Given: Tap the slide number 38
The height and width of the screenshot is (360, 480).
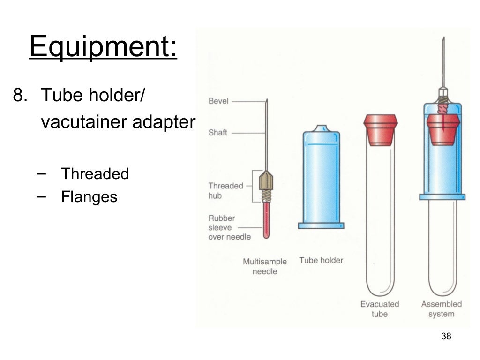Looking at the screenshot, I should [446, 336].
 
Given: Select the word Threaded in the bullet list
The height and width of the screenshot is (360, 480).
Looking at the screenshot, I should [95, 174].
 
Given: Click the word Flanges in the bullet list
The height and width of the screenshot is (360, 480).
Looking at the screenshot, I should [89, 196].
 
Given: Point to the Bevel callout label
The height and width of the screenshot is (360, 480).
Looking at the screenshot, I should [218, 101].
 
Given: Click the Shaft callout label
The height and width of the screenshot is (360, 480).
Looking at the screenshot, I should [218, 133].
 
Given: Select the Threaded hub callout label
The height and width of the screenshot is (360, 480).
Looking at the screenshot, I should [226, 191].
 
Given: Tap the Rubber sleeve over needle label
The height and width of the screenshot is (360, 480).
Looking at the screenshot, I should [229, 227].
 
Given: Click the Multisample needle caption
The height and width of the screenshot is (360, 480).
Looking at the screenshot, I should [265, 266].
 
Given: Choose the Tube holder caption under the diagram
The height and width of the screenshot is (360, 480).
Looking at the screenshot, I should [321, 260].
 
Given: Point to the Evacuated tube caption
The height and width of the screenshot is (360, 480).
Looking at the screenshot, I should [380, 309].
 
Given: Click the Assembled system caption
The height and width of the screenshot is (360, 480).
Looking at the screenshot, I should [442, 309].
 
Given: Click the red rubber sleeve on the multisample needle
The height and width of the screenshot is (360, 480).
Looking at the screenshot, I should [266, 219].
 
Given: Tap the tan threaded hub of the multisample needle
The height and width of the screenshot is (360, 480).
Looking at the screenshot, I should [266, 181].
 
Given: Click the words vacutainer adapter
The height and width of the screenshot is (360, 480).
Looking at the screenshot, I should [118, 122].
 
